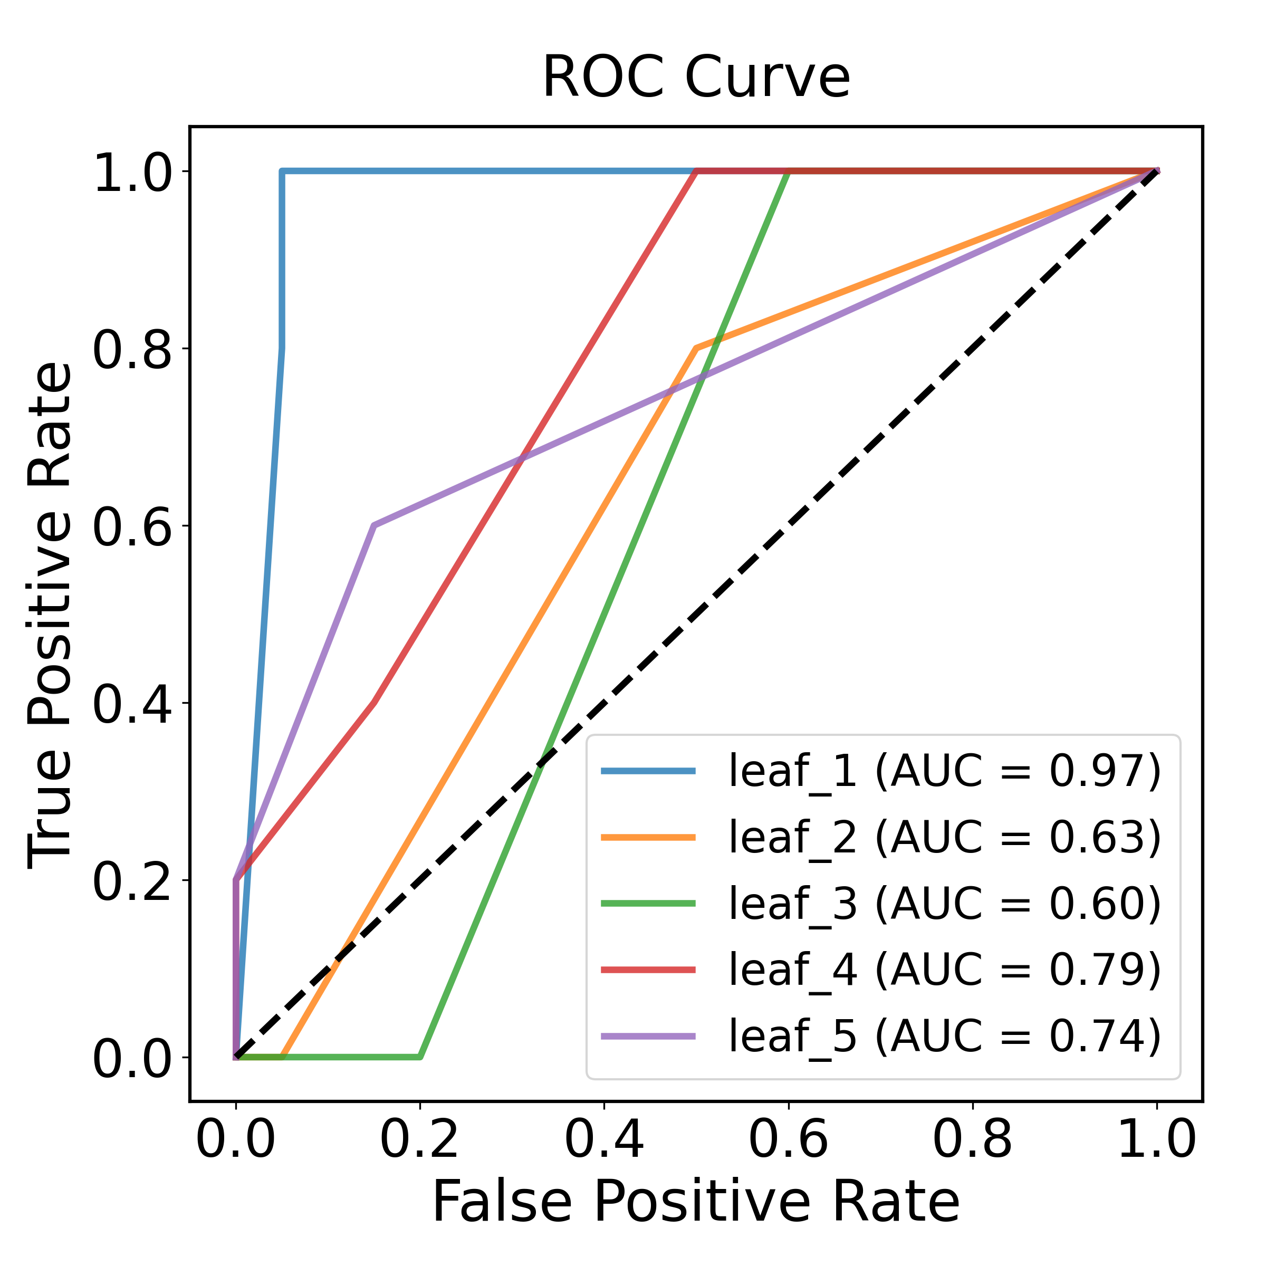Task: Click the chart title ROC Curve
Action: click(696, 78)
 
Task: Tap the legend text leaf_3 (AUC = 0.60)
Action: click(945, 904)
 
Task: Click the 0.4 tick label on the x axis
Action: click(604, 1140)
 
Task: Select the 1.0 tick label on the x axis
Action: click(1157, 1140)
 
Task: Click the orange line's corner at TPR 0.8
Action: click(696, 348)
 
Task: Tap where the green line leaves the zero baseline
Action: click(420, 1057)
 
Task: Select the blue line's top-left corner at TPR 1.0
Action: click(282, 171)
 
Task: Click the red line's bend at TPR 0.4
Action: click(374, 703)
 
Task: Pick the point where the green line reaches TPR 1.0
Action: click(788, 171)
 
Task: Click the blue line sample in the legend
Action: click(649, 771)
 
